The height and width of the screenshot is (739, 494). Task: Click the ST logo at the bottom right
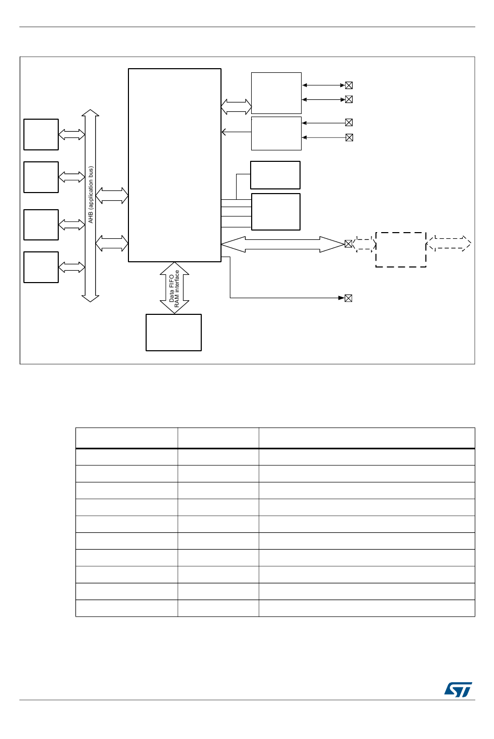click(458, 690)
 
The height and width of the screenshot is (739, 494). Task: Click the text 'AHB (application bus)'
click(90, 195)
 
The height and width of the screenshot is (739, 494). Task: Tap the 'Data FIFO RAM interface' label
click(174, 289)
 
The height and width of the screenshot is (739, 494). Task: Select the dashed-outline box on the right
click(401, 250)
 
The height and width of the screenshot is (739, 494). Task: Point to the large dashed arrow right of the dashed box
click(449, 244)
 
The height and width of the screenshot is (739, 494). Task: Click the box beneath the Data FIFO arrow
click(174, 333)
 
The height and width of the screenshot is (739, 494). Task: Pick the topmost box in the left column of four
click(41, 135)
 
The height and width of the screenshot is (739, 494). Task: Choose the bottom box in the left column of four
click(41, 267)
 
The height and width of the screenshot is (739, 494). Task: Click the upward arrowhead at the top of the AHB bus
click(90, 112)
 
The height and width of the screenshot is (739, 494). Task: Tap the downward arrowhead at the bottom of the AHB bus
click(90, 299)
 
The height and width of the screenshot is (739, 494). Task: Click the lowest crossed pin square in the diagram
click(348, 298)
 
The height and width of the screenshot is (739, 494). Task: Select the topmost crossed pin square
click(349, 85)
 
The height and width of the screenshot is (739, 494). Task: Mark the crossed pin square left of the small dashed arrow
click(348, 244)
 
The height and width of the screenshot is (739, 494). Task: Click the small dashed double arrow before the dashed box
click(364, 244)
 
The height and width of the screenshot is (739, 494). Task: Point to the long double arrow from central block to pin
click(282, 245)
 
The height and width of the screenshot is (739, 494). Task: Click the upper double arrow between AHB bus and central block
click(112, 196)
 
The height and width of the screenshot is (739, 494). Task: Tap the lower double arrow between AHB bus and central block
click(112, 244)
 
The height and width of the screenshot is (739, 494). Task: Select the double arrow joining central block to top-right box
click(236, 107)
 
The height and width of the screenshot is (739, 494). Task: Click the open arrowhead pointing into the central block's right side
click(224, 132)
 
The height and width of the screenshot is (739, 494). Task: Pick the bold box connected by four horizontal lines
click(276, 212)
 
